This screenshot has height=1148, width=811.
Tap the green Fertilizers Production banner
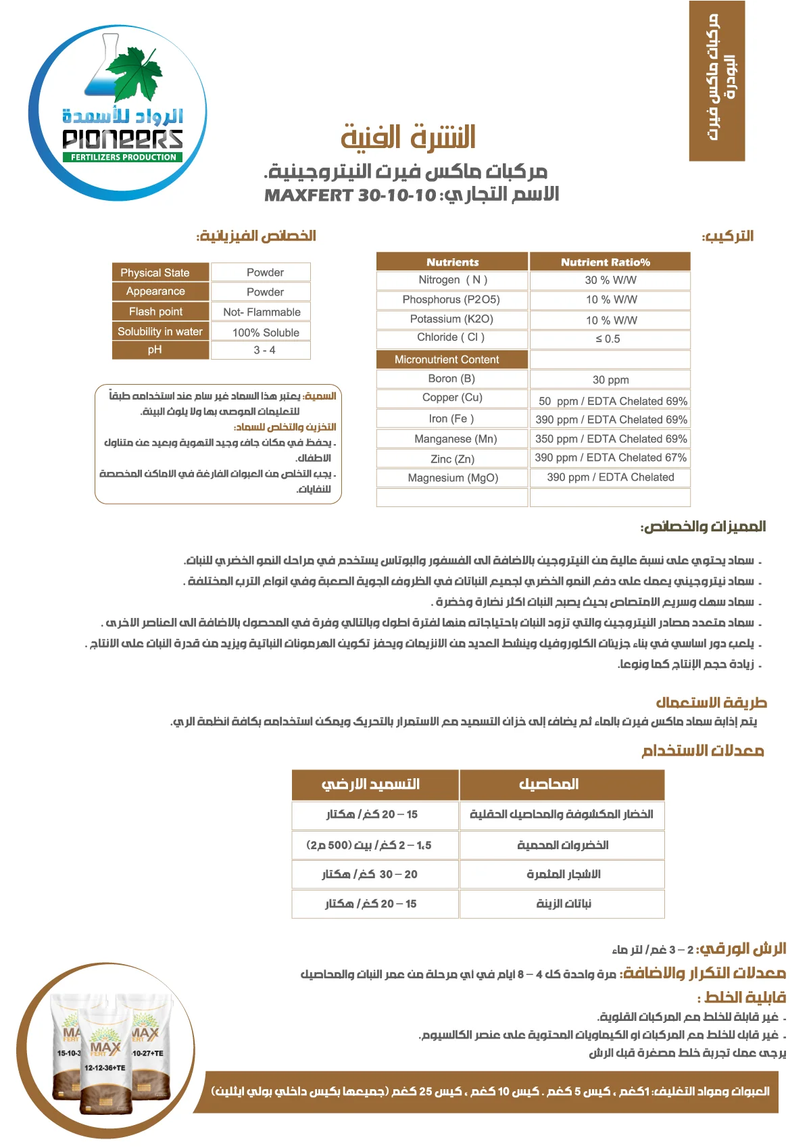coord(124,157)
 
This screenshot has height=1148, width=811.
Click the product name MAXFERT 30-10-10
coord(350,195)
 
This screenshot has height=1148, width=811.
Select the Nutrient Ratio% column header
coord(610,262)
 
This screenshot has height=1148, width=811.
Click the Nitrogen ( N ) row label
coord(452,280)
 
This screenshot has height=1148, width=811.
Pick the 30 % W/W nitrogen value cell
coord(610,280)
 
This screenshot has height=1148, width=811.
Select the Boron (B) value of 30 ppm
coord(610,380)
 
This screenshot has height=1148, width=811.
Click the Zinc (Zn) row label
coord(452,459)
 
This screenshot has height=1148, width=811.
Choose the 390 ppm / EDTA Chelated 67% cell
coord(610,458)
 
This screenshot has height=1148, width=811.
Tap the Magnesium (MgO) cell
coord(452,478)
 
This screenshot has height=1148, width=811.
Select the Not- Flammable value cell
coord(261,312)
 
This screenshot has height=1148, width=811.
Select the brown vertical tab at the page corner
coord(716,80)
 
